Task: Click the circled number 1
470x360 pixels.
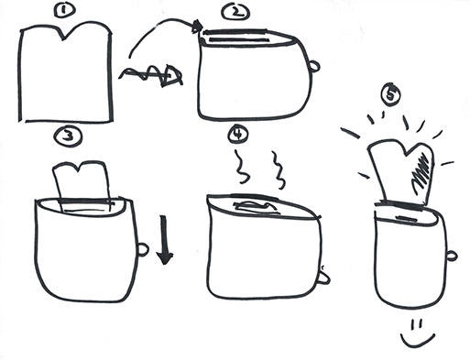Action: [x=64, y=10]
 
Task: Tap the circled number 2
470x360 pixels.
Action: [x=235, y=13]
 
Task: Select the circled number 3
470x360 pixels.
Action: [x=68, y=136]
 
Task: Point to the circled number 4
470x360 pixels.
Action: [x=238, y=134]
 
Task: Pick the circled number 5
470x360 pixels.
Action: [x=390, y=94]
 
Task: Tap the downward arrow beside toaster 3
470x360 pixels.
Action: [x=164, y=240]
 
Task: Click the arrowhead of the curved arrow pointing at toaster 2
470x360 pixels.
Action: [x=197, y=27]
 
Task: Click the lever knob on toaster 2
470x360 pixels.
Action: [x=314, y=66]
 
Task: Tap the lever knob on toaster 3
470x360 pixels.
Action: [x=143, y=249]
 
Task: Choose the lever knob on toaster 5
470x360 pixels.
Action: [x=452, y=256]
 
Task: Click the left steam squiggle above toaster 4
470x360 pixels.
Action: [x=242, y=167]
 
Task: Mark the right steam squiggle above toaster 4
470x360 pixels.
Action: [x=279, y=169]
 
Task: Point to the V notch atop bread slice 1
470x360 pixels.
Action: [x=64, y=39]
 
